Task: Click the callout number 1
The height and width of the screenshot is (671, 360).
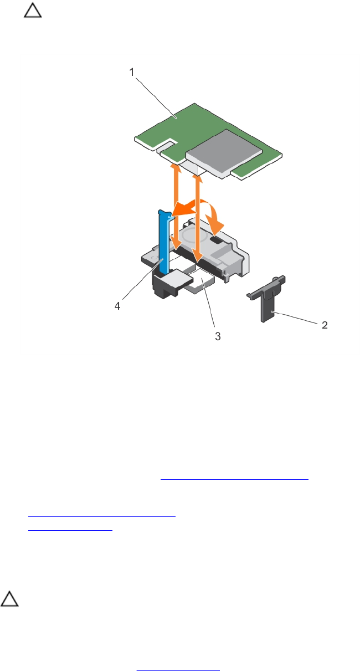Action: (132, 72)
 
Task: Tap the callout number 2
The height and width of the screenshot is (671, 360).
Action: (325, 325)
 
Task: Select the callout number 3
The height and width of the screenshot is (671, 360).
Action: (218, 336)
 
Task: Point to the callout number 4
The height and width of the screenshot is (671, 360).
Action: (117, 306)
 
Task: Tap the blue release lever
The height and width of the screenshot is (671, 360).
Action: (164, 242)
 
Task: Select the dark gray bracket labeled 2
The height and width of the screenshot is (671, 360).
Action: (266, 298)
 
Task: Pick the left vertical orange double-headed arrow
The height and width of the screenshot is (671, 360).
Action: (176, 206)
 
